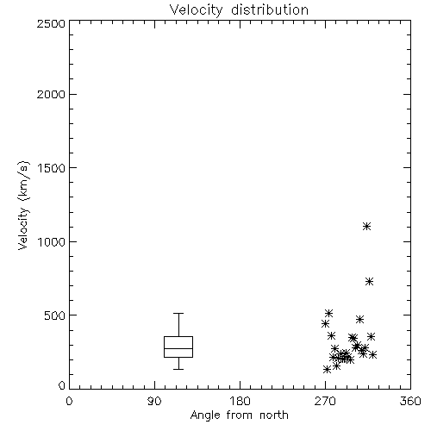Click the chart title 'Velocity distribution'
239,10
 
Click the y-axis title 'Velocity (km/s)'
23,205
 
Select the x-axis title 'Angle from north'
239,415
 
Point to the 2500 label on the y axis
51,23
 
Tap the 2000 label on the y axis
51,94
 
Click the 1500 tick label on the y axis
52,168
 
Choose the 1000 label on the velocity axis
52,242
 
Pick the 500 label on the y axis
55,315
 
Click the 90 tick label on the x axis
154,401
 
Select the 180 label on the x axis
240,401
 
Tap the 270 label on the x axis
325,401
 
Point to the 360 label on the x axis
410,401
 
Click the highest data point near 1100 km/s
366,227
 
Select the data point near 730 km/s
369,282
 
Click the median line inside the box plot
178,348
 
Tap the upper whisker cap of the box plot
178,313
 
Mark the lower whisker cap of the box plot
178,369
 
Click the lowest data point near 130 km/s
327,369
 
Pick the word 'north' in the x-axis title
274,415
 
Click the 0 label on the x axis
69,401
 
